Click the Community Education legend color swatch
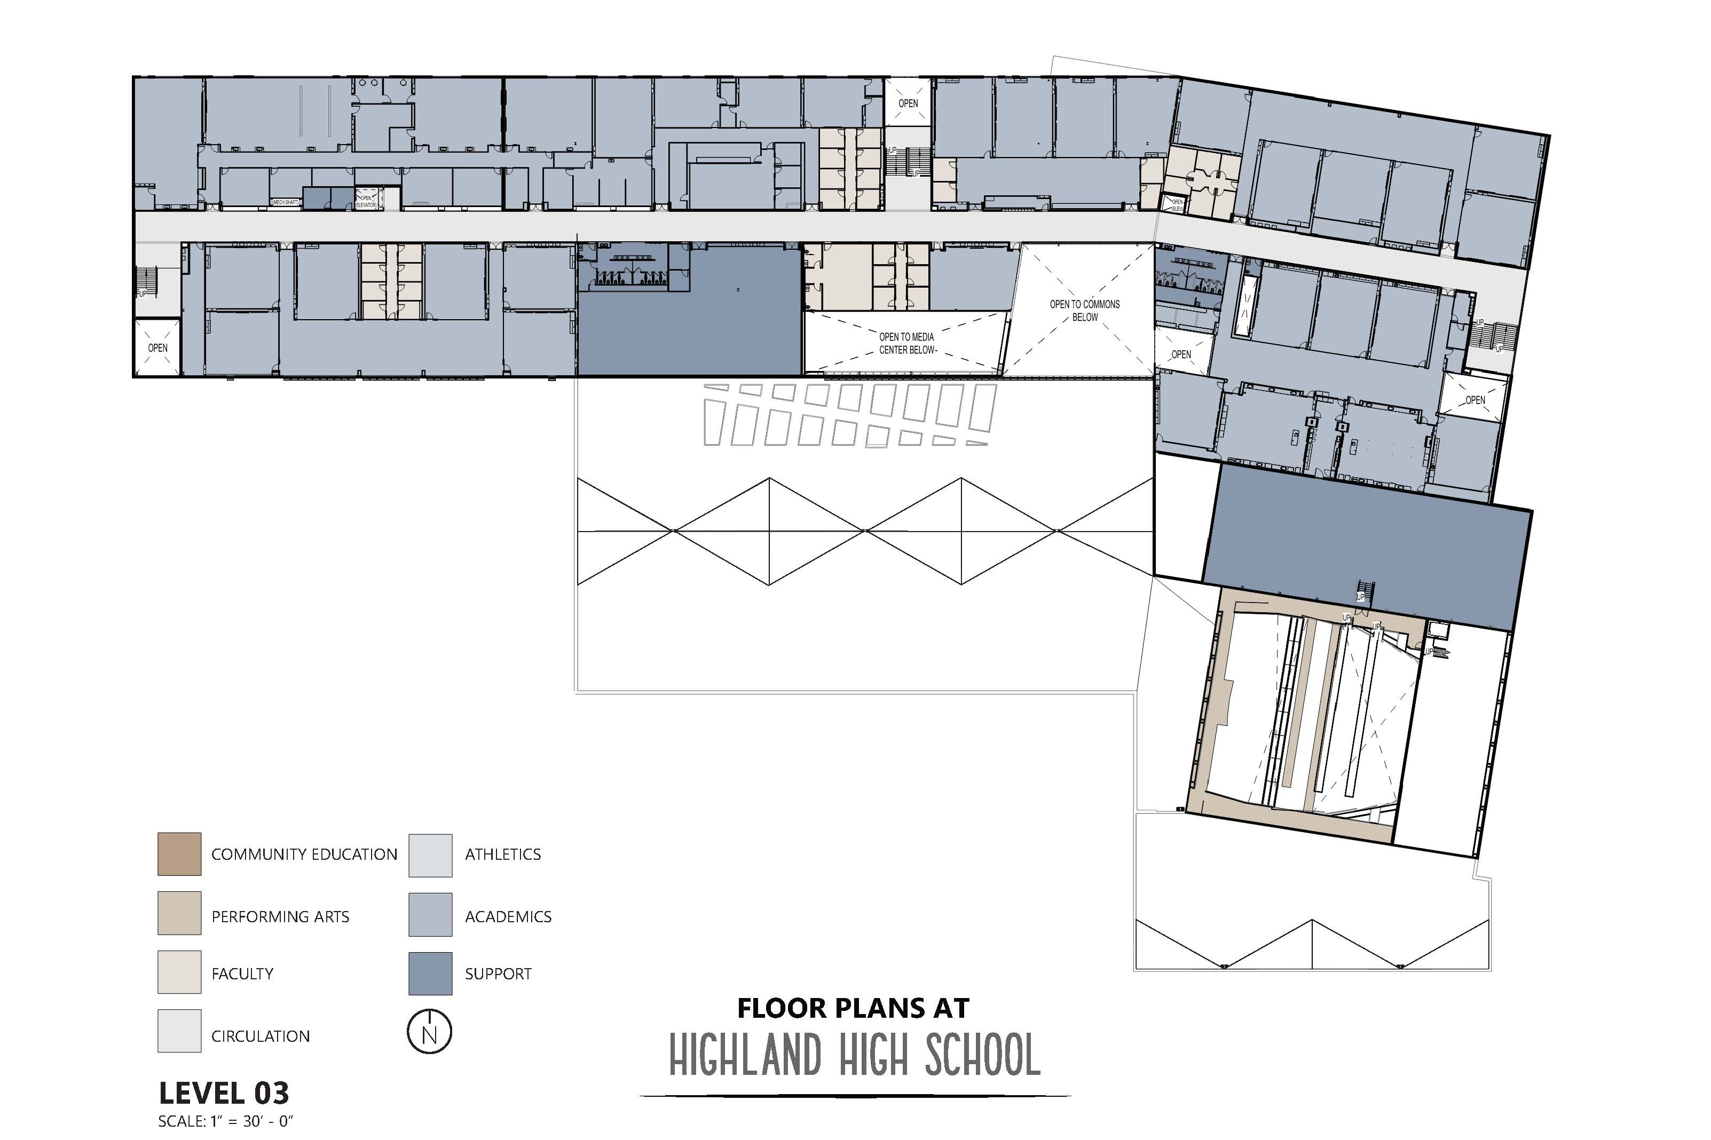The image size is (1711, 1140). pos(179,853)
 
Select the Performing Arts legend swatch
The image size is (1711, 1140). pos(179,913)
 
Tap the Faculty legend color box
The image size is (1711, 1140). pos(179,972)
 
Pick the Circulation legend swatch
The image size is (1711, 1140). pos(179,1030)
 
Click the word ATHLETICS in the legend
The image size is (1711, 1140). pos(502,854)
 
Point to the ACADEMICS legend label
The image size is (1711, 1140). pos(508,917)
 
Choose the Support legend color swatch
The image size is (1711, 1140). pos(430,973)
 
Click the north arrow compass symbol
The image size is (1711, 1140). pos(429,1032)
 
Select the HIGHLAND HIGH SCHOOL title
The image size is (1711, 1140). pos(854,1056)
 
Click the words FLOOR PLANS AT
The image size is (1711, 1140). pos(853,1008)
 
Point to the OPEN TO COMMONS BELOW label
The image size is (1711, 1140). pos(1084,311)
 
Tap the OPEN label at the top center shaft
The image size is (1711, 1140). pos(908,103)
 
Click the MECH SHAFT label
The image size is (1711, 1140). pos(285,201)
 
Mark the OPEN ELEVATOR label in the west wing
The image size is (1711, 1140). pos(365,201)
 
